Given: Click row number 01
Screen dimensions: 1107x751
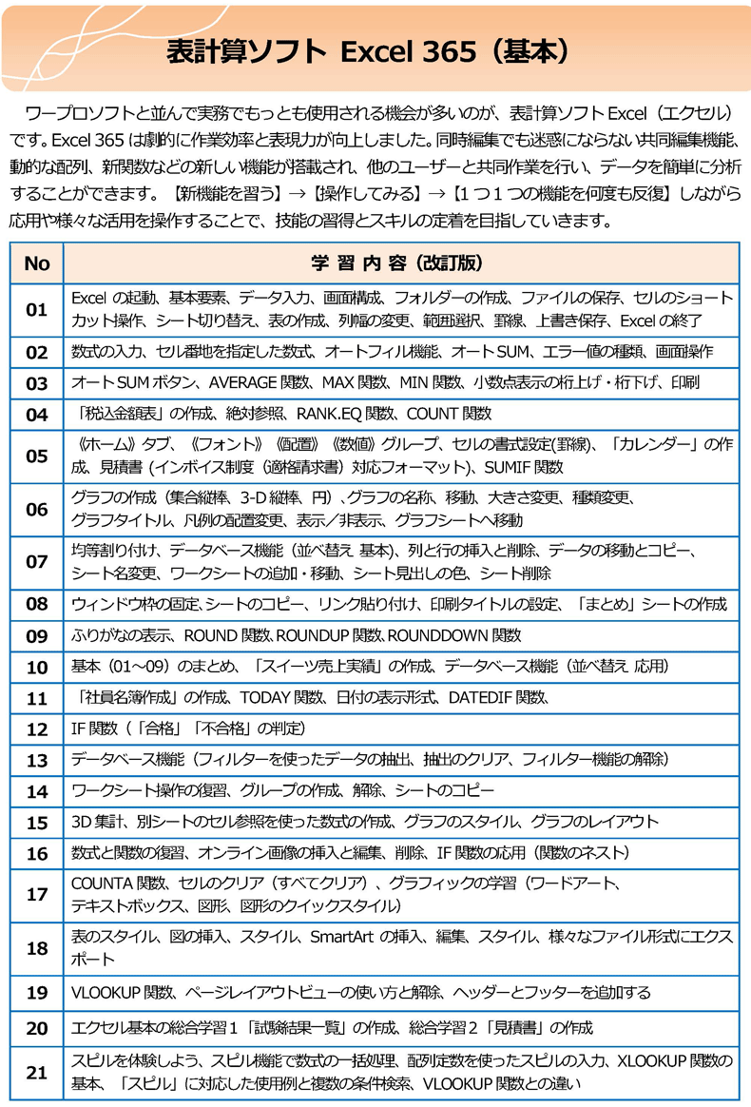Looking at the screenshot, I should coord(36,309).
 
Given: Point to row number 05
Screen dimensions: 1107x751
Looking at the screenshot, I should coord(36,456).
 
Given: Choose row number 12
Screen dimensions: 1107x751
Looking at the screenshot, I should coord(36,729).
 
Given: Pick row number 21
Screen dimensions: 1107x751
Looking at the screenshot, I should coord(36,1072).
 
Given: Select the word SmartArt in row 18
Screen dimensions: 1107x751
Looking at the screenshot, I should coord(342,937).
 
